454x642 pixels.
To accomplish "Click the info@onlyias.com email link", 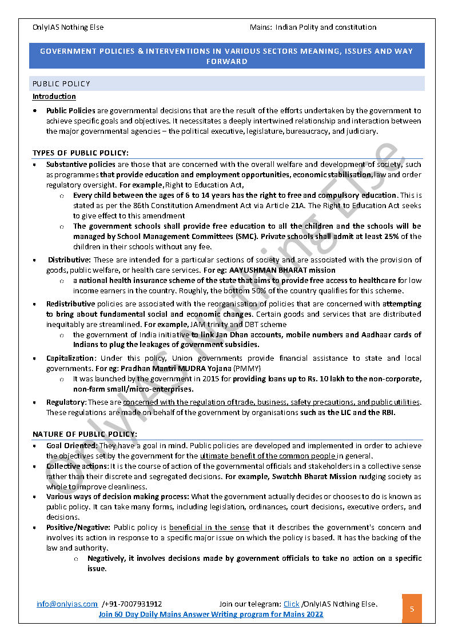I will tap(67, 604).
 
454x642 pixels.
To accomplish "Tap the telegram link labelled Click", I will tap(291, 604).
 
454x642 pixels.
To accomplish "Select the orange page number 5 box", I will tap(412, 609).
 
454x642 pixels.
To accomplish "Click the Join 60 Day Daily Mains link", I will tap(210, 614).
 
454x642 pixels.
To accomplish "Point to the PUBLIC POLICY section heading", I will tap(61, 83).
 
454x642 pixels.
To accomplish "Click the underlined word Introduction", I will tap(54, 97).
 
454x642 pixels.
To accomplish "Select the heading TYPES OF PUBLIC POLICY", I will tap(81, 153).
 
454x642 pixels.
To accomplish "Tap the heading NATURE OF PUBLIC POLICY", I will tap(85, 433).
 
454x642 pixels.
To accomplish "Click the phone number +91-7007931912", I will tap(133, 604).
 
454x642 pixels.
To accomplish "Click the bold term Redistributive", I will tap(71, 304).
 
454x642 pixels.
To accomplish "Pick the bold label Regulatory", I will tap(66, 402).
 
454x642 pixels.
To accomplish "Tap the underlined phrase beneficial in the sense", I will tap(209, 527).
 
